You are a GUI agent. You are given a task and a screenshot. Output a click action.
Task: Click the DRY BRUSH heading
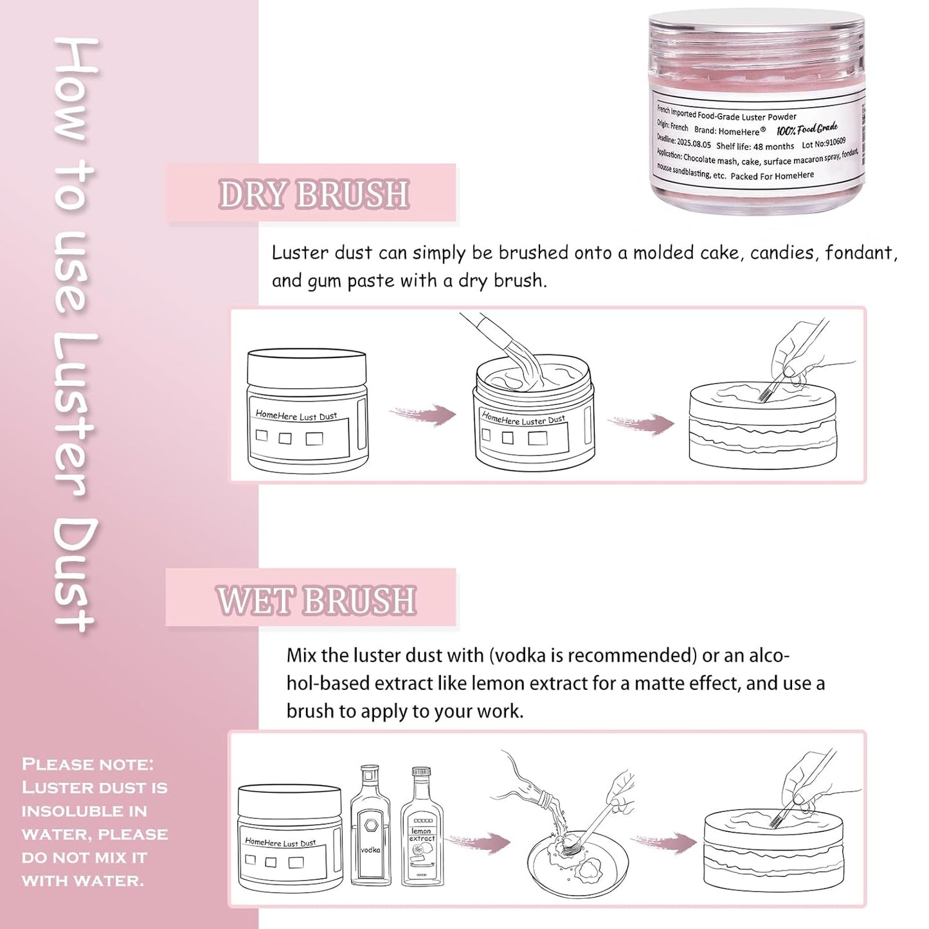314,194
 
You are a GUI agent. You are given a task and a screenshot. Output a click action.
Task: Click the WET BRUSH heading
316,600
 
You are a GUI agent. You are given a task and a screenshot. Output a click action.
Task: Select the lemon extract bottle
422,829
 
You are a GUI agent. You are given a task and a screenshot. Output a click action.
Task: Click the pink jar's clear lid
757,39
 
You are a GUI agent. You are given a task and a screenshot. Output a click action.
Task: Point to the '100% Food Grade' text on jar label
807,129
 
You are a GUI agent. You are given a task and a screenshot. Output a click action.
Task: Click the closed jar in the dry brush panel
307,411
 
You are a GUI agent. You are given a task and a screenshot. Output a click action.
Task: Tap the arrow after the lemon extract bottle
479,842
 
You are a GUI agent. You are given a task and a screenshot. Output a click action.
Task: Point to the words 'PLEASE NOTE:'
87,764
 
